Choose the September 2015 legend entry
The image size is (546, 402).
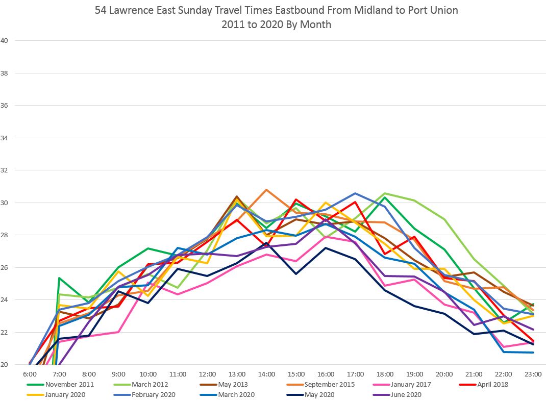[x=330, y=384]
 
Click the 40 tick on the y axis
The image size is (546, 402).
[x=5, y=41]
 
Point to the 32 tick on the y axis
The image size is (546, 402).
[x=5, y=170]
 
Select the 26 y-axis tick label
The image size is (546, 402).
[x=5, y=268]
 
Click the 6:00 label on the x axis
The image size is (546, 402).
[x=30, y=374]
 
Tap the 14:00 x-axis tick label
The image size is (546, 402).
[x=266, y=374]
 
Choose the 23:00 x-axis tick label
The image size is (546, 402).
[x=533, y=374]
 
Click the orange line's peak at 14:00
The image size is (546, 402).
[x=266, y=190]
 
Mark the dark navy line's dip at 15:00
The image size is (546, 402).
[x=296, y=274]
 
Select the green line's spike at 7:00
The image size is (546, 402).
[x=60, y=278]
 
